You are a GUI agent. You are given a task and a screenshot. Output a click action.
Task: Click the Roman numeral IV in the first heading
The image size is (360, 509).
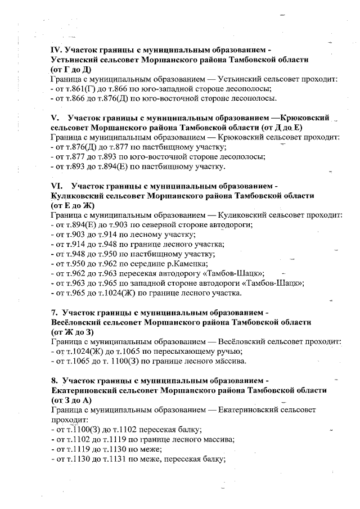(56, 49)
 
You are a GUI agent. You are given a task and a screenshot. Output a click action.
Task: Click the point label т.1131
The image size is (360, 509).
(132, 459)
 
